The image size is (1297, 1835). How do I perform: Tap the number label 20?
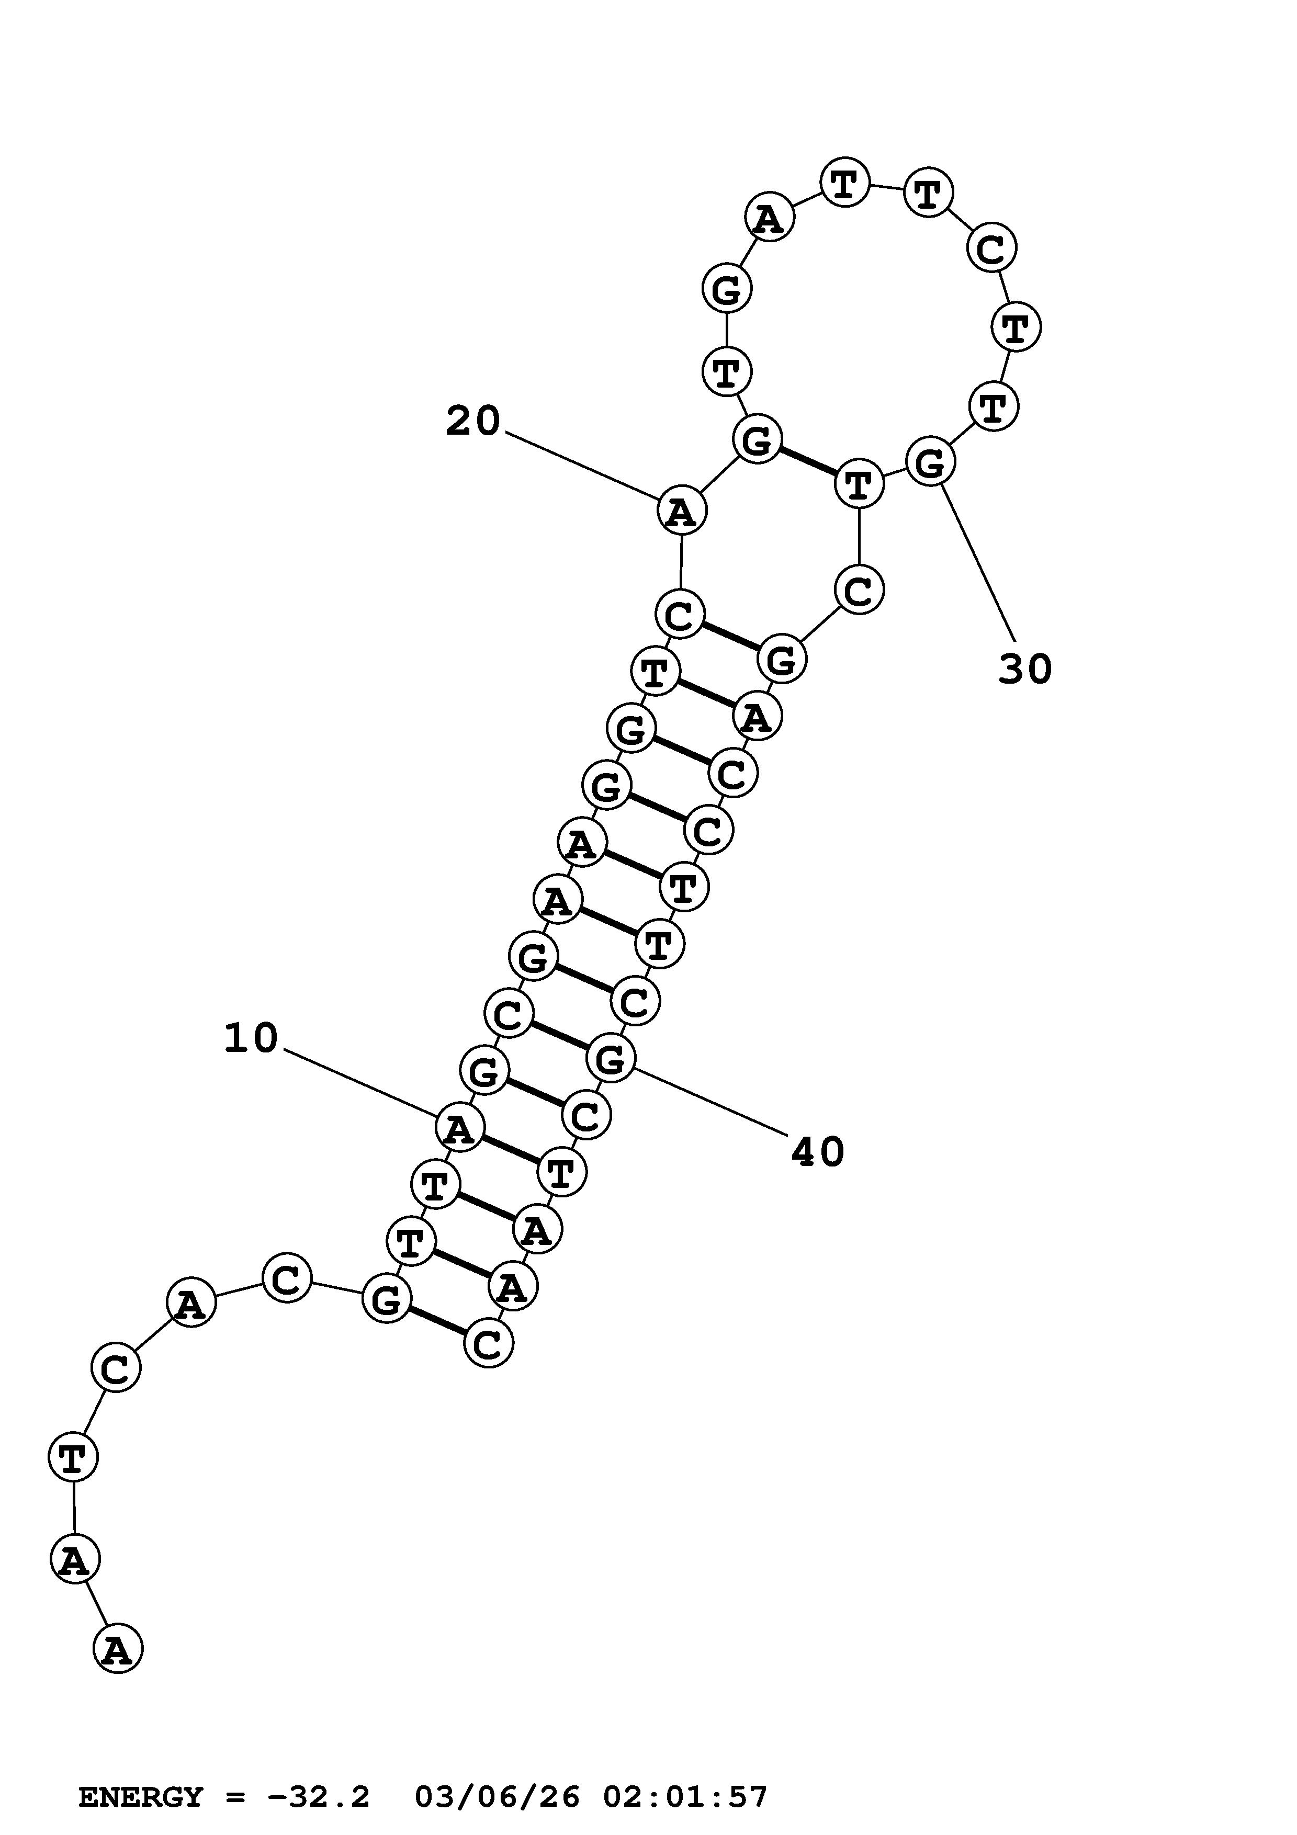tap(472, 421)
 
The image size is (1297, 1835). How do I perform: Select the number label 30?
tap(1025, 669)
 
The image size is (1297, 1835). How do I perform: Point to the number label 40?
tap(818, 1152)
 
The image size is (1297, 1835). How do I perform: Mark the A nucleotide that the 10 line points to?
tap(459, 1128)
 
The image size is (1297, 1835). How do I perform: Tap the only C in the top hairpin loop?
tap(991, 248)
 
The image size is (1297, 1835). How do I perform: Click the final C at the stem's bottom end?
tap(488, 1343)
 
